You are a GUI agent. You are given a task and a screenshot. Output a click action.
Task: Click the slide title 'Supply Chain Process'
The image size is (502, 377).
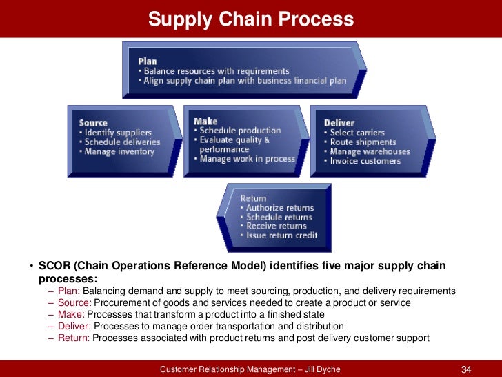click(x=251, y=19)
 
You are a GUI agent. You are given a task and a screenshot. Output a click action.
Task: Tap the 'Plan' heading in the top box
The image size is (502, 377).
click(x=148, y=61)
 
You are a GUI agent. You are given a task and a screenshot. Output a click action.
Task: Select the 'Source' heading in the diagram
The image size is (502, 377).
click(x=94, y=123)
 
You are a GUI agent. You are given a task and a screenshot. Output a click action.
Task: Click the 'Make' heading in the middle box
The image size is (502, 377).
click(x=205, y=121)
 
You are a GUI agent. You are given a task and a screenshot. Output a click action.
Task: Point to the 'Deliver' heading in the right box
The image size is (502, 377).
click(x=339, y=123)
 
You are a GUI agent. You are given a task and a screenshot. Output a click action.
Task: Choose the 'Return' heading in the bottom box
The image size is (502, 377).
click(x=254, y=198)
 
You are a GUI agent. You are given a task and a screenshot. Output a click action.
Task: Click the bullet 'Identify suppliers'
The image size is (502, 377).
click(x=118, y=133)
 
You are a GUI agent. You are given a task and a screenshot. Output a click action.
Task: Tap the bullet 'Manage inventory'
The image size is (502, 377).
click(x=119, y=151)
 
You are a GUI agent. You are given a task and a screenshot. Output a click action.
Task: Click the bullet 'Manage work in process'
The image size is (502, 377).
click(x=247, y=159)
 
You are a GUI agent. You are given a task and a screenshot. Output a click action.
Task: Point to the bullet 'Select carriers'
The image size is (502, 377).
click(x=357, y=133)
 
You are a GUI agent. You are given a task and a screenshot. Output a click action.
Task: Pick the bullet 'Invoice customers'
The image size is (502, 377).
click(x=365, y=161)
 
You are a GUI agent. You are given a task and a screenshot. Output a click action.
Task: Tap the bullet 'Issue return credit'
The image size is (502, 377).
click(x=281, y=235)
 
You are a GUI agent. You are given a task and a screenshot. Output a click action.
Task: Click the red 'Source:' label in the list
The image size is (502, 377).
click(x=74, y=302)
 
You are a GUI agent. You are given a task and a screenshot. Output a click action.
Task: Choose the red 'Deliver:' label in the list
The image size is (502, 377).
click(x=74, y=326)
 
